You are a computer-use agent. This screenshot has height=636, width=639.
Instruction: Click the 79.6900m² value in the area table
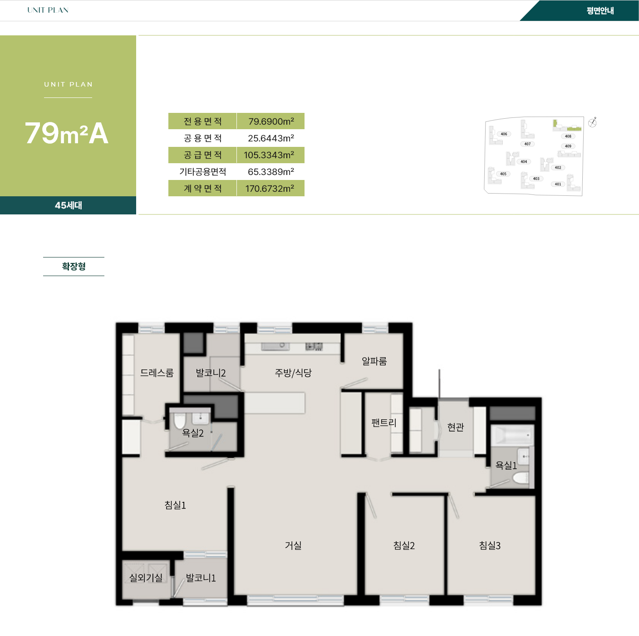pyautogui.click(x=271, y=121)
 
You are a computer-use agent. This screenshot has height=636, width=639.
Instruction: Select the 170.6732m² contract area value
pyautogui.click(x=269, y=189)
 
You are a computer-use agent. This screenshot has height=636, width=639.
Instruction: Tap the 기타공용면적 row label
pyautogui.click(x=202, y=172)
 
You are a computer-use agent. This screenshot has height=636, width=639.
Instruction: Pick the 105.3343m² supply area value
pyautogui.click(x=269, y=155)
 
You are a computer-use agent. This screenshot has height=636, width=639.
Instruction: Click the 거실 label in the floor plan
pyautogui.click(x=293, y=545)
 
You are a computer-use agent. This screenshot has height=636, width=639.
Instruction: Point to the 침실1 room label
pyautogui.click(x=175, y=505)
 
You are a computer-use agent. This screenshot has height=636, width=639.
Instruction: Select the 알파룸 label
pyautogui.click(x=374, y=361)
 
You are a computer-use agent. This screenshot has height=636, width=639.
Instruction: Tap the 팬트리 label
pyautogui.click(x=383, y=422)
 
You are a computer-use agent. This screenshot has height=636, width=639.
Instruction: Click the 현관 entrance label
pyautogui.click(x=455, y=427)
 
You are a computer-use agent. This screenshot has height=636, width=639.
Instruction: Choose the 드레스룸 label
pyautogui.click(x=157, y=373)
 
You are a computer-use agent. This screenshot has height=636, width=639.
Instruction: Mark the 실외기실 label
pyautogui.click(x=146, y=578)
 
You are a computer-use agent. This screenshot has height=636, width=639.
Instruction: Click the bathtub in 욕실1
pyautogui.click(x=512, y=435)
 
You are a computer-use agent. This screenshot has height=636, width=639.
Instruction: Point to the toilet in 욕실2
pyautogui.click(x=179, y=421)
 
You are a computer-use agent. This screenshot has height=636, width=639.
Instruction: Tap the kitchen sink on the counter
pyautogui.click(x=275, y=346)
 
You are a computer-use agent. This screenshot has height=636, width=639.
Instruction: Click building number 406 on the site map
pyautogui.click(x=504, y=134)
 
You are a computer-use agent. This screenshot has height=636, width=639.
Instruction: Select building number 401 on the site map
pyautogui.click(x=558, y=184)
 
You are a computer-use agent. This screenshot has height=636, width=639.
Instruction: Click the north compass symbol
pyautogui.click(x=592, y=122)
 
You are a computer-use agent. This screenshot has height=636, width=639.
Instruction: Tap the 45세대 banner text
pyautogui.click(x=69, y=205)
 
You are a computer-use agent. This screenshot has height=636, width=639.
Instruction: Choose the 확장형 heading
pyautogui.click(x=74, y=266)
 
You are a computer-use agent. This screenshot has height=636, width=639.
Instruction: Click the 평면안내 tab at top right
pyautogui.click(x=600, y=10)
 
